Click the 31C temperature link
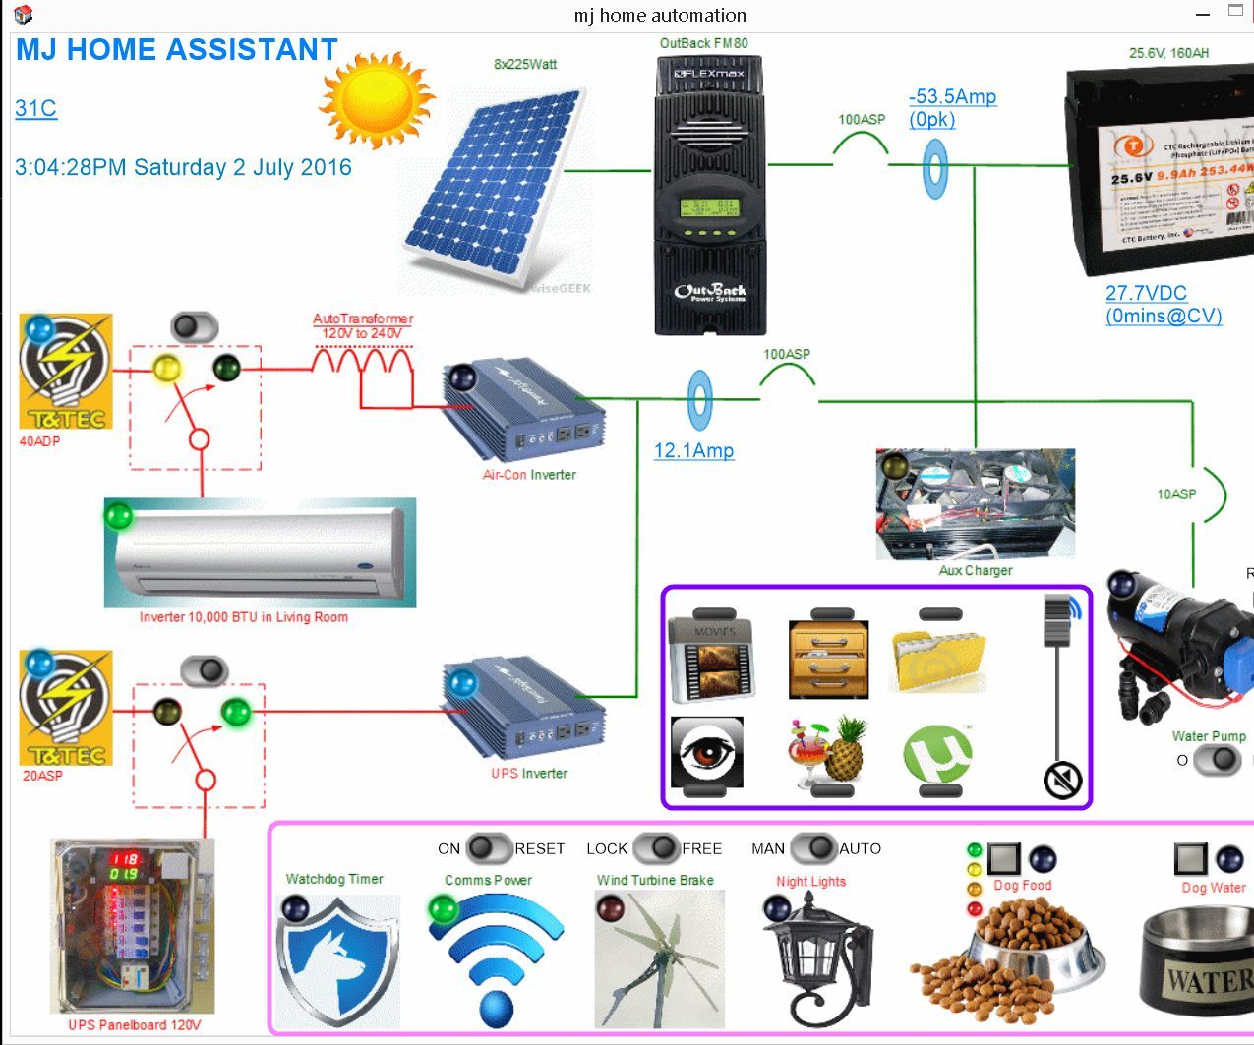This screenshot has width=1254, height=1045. point(36,108)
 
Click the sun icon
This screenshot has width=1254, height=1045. point(377,99)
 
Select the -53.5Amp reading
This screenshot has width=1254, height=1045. point(952,97)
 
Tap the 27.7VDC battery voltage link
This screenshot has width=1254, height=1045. point(1146,293)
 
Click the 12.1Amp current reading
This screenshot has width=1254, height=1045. point(693,451)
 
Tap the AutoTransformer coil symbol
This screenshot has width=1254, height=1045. point(362,365)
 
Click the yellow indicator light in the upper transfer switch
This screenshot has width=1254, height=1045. point(167,370)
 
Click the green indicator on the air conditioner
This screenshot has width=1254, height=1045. point(119,515)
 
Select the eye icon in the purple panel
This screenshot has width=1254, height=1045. point(706,752)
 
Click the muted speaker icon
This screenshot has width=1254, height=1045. point(1062,781)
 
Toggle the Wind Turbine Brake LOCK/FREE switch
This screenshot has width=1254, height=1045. point(656,847)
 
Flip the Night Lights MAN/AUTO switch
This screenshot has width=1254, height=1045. point(811,847)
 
